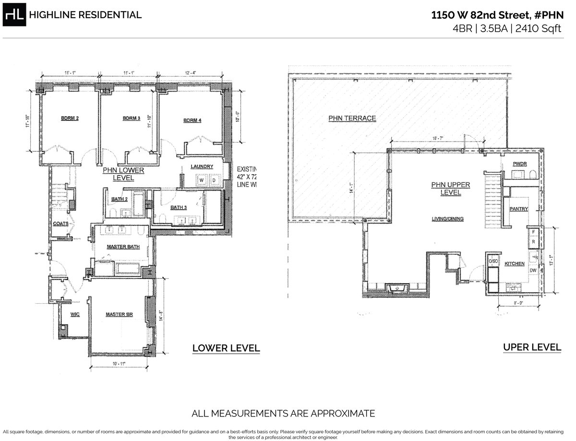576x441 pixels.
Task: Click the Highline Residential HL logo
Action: [x=14, y=15]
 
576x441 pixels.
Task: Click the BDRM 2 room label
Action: [x=70, y=118]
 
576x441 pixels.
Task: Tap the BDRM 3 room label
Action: [x=131, y=118]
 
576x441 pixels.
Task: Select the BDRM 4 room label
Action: [x=192, y=120]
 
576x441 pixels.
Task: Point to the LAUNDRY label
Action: [x=202, y=167]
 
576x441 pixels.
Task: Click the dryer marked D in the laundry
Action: [x=214, y=180]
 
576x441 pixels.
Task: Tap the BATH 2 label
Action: [x=119, y=199]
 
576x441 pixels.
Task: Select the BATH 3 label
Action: [x=179, y=207]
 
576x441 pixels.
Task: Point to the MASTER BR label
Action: [x=119, y=315]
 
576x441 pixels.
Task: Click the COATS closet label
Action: [x=60, y=223]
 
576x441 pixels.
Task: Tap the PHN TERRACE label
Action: [x=352, y=118]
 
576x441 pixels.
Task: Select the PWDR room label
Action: [x=519, y=164]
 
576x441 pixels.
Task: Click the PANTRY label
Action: [x=519, y=209]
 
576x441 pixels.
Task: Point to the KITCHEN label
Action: [x=514, y=264]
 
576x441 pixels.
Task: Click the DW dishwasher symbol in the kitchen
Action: [x=533, y=271]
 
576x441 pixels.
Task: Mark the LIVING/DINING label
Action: [x=447, y=219]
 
